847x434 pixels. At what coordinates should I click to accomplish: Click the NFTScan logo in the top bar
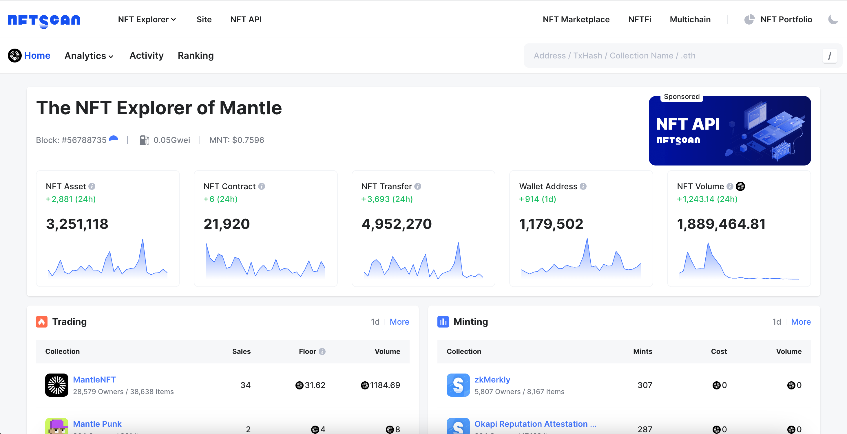tap(44, 20)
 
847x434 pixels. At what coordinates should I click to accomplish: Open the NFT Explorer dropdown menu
tap(147, 19)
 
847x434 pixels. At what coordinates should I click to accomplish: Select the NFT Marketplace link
tap(576, 19)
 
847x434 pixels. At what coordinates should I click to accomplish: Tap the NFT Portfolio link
tap(786, 19)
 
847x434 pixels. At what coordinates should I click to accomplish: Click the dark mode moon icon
tap(833, 19)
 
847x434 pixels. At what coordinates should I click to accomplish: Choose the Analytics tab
tap(89, 56)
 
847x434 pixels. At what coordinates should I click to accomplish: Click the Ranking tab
tap(196, 56)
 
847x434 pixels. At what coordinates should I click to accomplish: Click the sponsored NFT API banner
tap(729, 131)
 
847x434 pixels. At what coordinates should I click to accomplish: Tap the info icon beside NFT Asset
tap(92, 186)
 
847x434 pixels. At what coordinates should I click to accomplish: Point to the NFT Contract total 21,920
tap(227, 224)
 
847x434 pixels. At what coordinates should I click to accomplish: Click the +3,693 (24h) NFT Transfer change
tap(387, 199)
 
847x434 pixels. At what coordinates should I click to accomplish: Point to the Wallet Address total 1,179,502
tap(551, 224)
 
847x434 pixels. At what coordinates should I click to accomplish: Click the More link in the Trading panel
tap(399, 322)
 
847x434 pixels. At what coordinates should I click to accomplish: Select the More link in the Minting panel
tap(801, 322)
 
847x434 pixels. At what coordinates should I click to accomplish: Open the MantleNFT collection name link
tap(94, 380)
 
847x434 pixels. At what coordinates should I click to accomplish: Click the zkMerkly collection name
tap(492, 380)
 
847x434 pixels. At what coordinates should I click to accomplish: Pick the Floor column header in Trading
tap(307, 351)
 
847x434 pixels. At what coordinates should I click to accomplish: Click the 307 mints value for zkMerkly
tap(645, 385)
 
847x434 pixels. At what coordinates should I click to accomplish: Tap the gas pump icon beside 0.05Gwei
tap(144, 140)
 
